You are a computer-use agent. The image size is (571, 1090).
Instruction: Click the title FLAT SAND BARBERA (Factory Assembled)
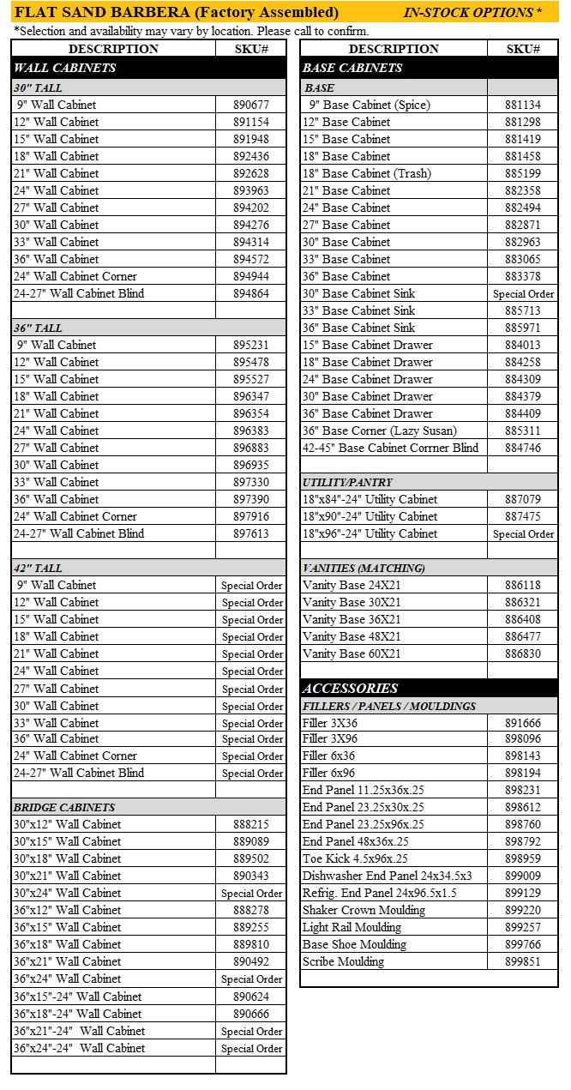[x=177, y=12]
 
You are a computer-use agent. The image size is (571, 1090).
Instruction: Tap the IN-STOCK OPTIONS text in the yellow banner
[x=472, y=12]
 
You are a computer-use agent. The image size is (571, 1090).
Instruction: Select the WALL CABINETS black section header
[x=65, y=67]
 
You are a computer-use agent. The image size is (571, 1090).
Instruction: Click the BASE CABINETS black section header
[x=352, y=67]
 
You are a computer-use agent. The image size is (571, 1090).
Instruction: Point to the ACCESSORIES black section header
[x=351, y=688]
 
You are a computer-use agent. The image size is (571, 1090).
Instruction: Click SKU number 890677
[x=250, y=105]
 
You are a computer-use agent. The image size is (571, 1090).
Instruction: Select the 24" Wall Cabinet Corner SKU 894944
[x=250, y=276]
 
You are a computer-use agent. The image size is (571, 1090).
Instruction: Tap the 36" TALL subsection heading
[x=38, y=328]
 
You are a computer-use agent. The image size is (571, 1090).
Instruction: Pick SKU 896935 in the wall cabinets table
[x=250, y=465]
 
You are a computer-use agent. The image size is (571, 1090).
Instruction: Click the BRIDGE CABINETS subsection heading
[x=64, y=807]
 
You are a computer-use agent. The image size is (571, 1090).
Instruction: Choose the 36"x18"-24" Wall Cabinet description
[x=77, y=1014]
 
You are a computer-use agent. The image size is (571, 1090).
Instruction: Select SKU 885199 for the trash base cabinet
[x=522, y=173]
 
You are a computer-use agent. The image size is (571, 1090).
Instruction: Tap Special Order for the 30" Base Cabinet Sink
[x=523, y=293]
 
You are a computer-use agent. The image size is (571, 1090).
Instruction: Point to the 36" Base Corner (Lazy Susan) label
[x=379, y=431]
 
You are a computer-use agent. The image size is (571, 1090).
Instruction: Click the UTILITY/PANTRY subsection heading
[x=347, y=482]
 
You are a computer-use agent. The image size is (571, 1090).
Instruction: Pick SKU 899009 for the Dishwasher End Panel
[x=522, y=876]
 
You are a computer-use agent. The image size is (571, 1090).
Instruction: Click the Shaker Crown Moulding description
[x=364, y=910]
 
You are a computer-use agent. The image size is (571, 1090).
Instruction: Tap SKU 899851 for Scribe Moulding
[x=522, y=961]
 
